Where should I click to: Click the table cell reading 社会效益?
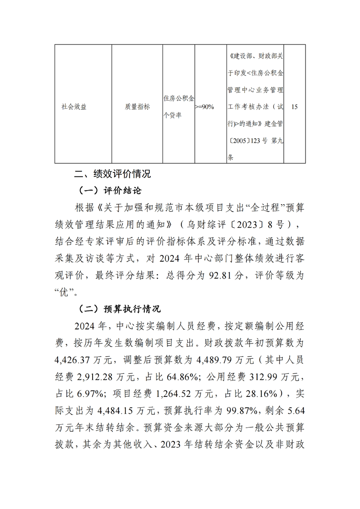(x=74, y=107)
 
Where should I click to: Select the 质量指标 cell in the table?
(x=137, y=107)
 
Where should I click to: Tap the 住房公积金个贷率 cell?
(x=178, y=107)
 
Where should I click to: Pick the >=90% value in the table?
(x=204, y=107)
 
